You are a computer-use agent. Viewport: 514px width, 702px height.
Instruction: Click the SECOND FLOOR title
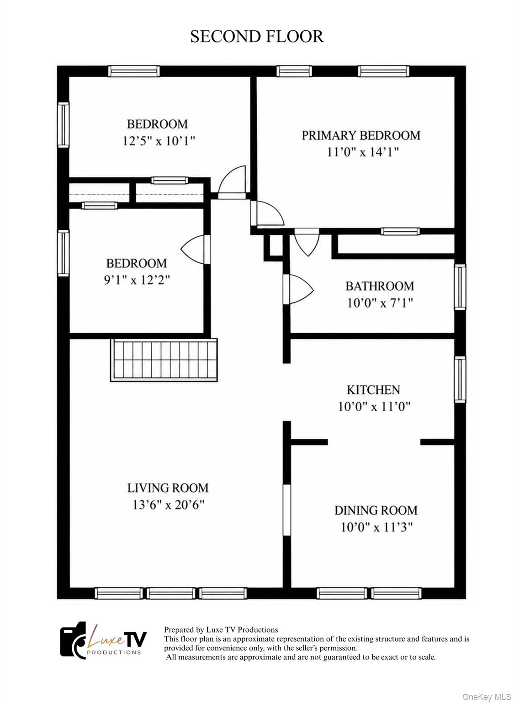click(x=257, y=37)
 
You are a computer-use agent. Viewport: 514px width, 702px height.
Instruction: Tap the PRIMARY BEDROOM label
click(x=361, y=135)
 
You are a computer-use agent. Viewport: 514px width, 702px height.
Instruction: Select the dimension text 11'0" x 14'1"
click(x=363, y=152)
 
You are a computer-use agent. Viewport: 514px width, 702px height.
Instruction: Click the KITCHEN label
click(x=373, y=390)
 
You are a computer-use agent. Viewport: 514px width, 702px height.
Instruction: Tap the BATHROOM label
click(x=380, y=286)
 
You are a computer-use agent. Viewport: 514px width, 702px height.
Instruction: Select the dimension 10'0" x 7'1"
click(x=380, y=303)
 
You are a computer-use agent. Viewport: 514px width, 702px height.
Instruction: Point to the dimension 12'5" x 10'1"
click(x=159, y=141)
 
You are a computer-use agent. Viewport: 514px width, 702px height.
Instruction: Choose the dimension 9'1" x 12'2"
click(x=137, y=280)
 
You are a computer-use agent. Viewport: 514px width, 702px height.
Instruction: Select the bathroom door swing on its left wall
click(x=298, y=289)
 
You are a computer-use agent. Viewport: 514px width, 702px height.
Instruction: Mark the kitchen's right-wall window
click(x=460, y=379)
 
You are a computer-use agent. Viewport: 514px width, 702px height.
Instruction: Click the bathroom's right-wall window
click(x=460, y=287)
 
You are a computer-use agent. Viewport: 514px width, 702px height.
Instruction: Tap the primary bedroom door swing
click(x=267, y=213)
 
